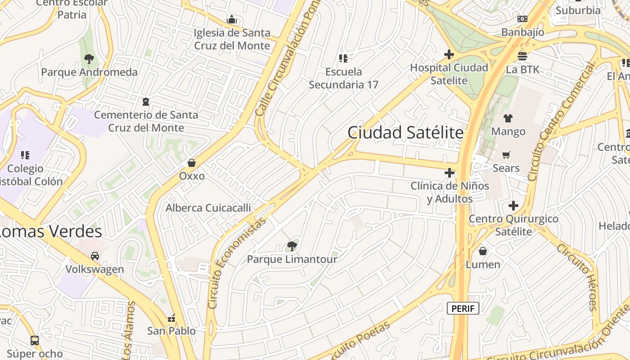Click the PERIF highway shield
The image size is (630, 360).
[x=463, y=308]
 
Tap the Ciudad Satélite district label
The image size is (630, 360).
[x=405, y=133]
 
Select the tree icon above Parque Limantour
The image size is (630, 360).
[x=292, y=246]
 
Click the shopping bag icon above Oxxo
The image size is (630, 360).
[x=192, y=162]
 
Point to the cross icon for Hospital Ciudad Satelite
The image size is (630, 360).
[x=449, y=54]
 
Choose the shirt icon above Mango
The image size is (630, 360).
[x=508, y=118]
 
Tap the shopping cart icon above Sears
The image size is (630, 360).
[x=506, y=155]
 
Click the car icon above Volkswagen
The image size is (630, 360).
[x=95, y=256]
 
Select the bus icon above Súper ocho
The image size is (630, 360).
[x=35, y=340]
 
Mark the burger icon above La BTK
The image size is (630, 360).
[x=522, y=56]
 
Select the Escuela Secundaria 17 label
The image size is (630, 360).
[x=343, y=78]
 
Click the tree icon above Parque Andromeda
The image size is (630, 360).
[x=89, y=58]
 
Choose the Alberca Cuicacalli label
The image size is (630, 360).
[x=208, y=208]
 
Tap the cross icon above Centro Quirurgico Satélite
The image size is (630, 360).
[x=513, y=206]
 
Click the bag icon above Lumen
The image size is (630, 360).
[x=483, y=251]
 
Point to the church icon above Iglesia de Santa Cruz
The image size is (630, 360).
[x=232, y=19]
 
